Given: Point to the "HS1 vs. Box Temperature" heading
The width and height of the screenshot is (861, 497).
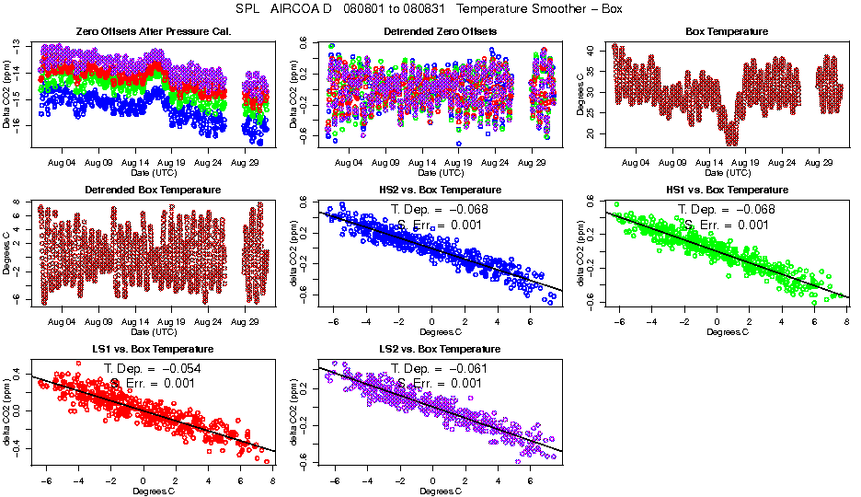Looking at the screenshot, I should click(x=726, y=191).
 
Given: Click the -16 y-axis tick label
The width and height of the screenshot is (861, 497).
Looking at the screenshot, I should click(x=20, y=123).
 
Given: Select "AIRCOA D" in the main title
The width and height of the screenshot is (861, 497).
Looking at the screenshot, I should click(x=311, y=9).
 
